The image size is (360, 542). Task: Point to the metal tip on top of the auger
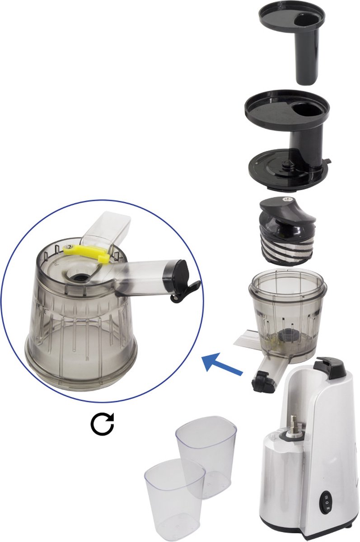[x=285, y=199]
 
